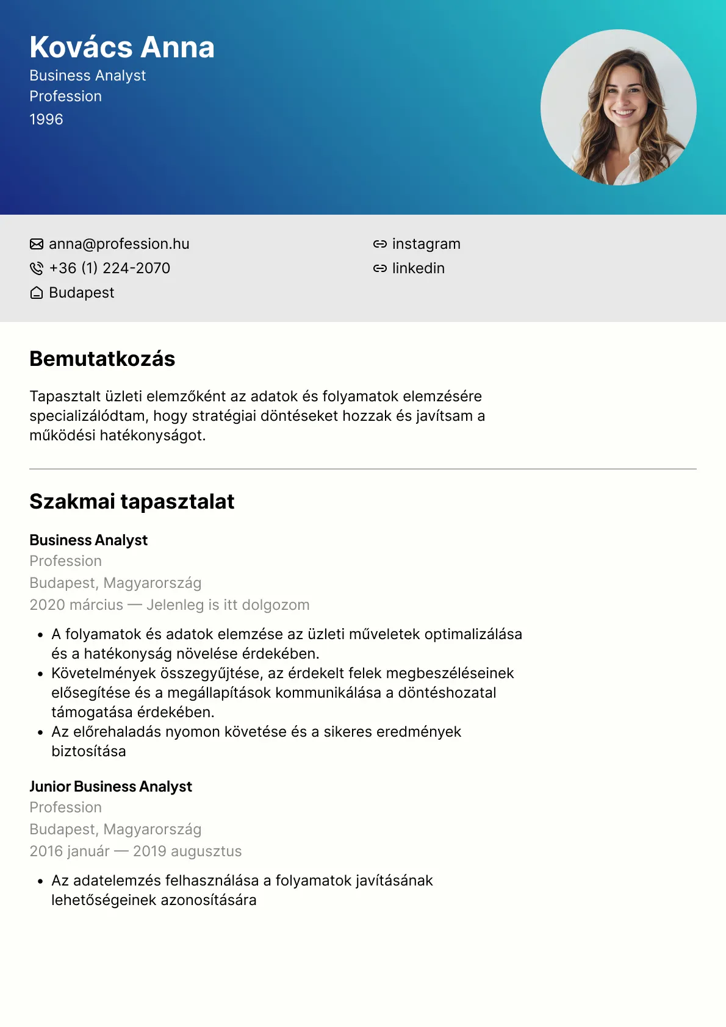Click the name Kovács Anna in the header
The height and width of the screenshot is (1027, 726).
point(122,48)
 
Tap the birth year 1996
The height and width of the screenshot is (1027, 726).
point(46,120)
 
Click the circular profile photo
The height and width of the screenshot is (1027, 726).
point(618,107)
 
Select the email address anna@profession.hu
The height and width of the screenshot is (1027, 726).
point(119,244)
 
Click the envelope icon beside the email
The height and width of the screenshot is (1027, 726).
point(37,244)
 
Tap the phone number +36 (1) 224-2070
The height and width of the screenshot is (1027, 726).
point(110,268)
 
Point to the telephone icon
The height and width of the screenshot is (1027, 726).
point(37,268)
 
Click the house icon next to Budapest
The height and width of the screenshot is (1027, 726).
point(37,293)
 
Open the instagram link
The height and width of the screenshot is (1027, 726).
point(426,244)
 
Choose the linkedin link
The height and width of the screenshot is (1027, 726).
point(418,268)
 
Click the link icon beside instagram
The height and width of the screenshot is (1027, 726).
point(379,244)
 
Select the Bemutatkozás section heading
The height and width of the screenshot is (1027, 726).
point(102,359)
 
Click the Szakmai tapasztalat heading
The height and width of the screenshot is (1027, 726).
point(132,502)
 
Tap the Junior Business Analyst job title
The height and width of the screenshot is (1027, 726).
point(110,787)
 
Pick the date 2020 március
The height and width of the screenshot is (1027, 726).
point(76,605)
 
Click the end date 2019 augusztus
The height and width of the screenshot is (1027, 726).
point(187,851)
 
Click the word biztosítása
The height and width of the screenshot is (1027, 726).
point(88,751)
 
